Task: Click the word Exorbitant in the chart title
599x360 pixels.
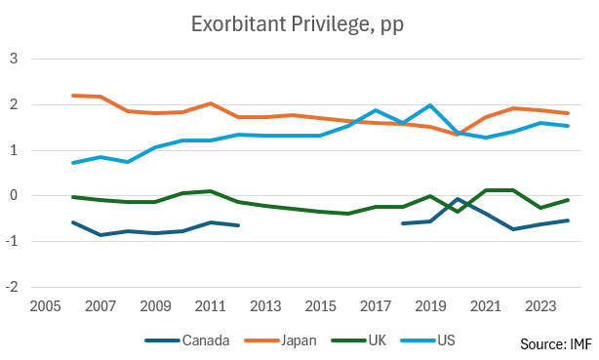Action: click(238, 23)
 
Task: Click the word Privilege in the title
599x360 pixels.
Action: click(331, 25)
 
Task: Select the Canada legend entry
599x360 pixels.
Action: click(187, 340)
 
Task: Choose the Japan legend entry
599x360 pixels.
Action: click(280, 340)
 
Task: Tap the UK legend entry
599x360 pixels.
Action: click(359, 340)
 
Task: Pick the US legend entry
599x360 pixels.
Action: click(428, 340)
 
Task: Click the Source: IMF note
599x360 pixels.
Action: click(556, 344)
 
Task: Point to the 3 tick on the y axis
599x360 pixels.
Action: click(14, 59)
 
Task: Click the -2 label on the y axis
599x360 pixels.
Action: click(12, 287)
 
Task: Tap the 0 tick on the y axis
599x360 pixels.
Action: click(14, 195)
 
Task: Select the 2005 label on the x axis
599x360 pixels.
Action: click(45, 306)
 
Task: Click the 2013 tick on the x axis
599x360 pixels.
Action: click(265, 306)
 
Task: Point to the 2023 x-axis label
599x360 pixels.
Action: click(540, 306)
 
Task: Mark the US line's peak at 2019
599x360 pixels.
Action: click(430, 105)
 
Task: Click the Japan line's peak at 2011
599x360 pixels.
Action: click(211, 103)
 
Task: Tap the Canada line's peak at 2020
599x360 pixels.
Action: click(458, 199)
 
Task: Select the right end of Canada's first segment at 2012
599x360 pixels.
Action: click(238, 225)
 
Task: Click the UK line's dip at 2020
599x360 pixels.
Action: click(458, 212)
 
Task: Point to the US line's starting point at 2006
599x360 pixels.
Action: click(73, 163)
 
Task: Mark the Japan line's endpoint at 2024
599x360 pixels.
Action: click(568, 113)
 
